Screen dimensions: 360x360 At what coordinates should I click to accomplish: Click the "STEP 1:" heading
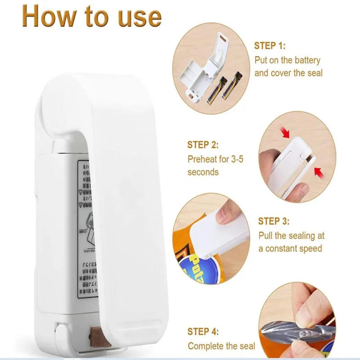[270, 46]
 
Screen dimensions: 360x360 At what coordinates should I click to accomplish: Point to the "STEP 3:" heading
[274, 221]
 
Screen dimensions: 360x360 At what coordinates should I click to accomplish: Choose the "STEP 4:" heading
[203, 332]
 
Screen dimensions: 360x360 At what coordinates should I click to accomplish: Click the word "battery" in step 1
[306, 60]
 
